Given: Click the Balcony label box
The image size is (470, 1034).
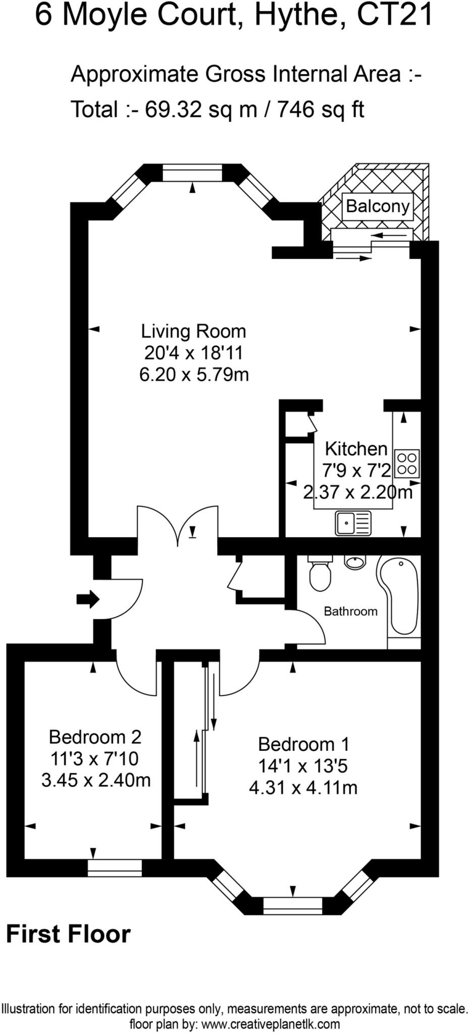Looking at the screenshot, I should pyautogui.click(x=377, y=206).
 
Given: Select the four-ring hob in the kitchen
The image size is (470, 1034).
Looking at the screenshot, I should pyautogui.click(x=407, y=464).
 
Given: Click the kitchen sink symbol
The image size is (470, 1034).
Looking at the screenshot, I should pyautogui.click(x=353, y=523).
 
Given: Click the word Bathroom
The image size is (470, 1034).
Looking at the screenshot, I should pyautogui.click(x=350, y=611).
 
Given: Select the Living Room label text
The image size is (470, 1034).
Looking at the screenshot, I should pyautogui.click(x=193, y=331).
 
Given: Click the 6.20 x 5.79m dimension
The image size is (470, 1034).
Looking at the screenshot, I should pyautogui.click(x=194, y=375).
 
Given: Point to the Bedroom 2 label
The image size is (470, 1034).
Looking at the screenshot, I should pyautogui.click(x=95, y=737).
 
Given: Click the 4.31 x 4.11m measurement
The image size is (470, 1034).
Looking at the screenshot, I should pyautogui.click(x=303, y=788).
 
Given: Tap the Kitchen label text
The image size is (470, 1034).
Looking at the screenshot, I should pyautogui.click(x=356, y=448).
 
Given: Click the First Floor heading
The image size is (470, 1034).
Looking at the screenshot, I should pyautogui.click(x=68, y=934).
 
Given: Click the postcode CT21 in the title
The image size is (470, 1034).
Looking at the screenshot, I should pyautogui.click(x=395, y=15).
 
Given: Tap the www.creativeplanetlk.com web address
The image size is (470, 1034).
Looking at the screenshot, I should pyautogui.click(x=270, y=1024).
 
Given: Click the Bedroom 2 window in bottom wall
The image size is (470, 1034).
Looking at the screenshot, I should pyautogui.click(x=115, y=867).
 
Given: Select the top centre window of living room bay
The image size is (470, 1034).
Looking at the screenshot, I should pyautogui.click(x=192, y=174).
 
